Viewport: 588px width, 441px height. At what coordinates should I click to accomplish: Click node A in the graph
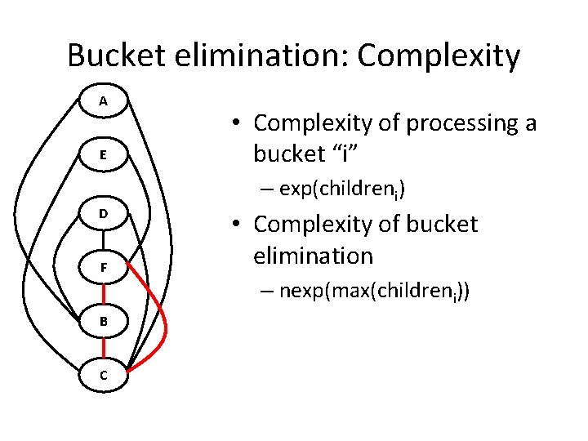[104, 101]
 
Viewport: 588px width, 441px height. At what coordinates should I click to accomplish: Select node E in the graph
[104, 155]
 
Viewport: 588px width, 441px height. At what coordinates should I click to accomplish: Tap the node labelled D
[104, 213]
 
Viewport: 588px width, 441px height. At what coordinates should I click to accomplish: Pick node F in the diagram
[104, 266]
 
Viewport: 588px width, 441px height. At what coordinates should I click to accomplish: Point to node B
[104, 321]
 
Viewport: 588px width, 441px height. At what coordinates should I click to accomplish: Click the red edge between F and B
[104, 294]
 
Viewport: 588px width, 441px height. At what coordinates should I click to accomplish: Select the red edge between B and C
[104, 347]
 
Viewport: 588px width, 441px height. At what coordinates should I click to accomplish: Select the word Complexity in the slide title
[439, 56]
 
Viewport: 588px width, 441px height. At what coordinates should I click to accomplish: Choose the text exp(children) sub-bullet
[342, 190]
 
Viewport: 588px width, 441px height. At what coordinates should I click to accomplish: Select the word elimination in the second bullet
[313, 256]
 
